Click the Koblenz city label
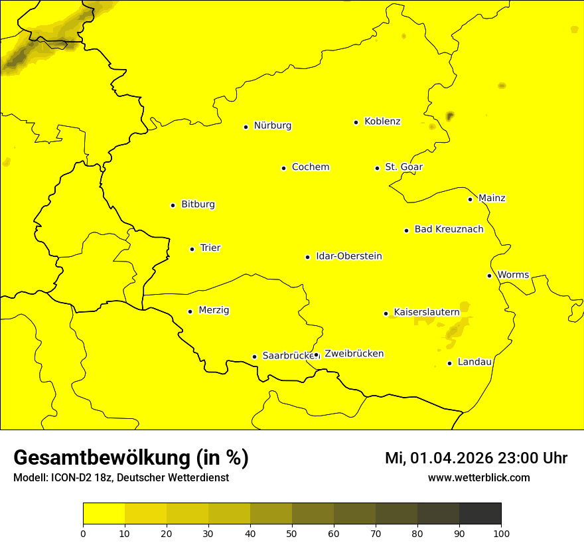pos(382,121)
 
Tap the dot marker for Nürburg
pos(246,126)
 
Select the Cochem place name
pos(310,167)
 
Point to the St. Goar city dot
pos(377,168)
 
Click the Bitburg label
pos(198,204)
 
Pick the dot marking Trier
pos(192,249)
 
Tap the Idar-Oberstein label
pos(348,256)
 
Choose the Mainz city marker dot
pos(470,199)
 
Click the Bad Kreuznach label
pos(449,230)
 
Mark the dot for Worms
pos(489,275)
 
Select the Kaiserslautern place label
pos(426,312)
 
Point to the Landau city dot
pos(449,363)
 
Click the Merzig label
pos(214,311)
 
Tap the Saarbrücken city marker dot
pos(254,356)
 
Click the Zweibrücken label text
pos(354,354)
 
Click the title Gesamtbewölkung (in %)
pos(131,458)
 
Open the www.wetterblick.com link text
pos(478,478)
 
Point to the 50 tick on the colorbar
pos(292,533)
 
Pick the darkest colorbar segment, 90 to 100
pos(480,514)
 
